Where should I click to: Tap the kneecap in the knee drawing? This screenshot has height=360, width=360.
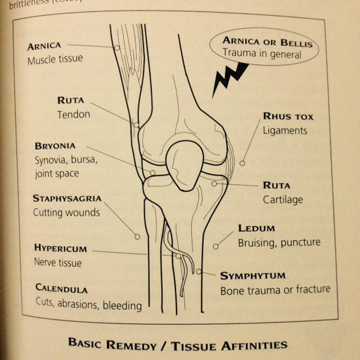(x=184, y=166)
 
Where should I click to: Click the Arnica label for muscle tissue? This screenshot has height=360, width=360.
(x=44, y=46)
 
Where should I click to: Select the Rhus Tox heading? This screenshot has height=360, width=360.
(x=288, y=116)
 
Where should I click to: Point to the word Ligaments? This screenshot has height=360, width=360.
(x=285, y=131)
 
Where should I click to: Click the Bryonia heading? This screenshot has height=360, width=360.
(x=55, y=146)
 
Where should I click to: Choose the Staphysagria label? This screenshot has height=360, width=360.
(x=67, y=198)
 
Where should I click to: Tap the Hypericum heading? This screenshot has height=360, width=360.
(x=61, y=248)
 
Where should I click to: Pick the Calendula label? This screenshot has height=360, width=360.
(x=61, y=289)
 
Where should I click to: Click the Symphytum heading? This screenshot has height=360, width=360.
(x=253, y=276)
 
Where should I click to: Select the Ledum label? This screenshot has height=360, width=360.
(x=256, y=228)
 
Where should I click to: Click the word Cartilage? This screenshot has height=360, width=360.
(x=283, y=200)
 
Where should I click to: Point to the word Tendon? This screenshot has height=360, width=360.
(x=74, y=115)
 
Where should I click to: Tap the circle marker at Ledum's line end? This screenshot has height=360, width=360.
(x=215, y=246)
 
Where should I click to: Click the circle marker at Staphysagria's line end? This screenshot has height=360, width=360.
(x=137, y=236)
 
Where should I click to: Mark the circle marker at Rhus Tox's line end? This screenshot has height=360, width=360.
(x=242, y=163)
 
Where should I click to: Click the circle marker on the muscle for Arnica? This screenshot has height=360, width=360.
(x=117, y=48)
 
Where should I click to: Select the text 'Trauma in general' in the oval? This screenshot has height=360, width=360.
(x=262, y=54)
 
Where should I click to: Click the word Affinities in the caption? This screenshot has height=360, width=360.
(x=254, y=345)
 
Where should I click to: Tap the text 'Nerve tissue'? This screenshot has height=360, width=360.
(x=58, y=263)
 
